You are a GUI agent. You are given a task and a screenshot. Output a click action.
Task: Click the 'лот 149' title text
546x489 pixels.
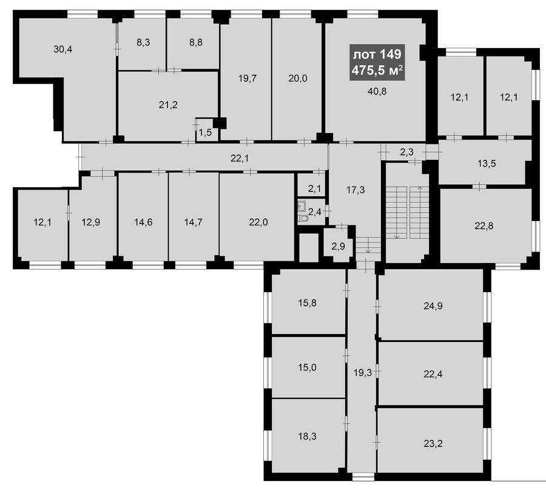coord(377,55)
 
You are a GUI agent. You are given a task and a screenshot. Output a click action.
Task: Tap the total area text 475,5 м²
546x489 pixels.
coord(377,70)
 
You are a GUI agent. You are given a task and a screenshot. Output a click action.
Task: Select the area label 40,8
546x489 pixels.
coord(377,91)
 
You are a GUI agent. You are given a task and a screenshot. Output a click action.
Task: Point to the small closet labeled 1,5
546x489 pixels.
coord(207,129)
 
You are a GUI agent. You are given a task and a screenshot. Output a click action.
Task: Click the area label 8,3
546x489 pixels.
coord(143,43)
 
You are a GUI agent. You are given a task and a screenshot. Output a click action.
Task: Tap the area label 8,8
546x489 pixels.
coord(196,43)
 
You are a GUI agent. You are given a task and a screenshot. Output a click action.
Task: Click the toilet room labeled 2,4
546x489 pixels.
coord(312,211)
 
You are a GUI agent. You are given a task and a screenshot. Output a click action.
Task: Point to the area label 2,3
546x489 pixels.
coord(406,152)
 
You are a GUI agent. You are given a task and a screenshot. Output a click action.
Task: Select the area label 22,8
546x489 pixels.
coord(484,226)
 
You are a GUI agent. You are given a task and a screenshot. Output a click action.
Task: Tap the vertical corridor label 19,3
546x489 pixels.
coord(363,373)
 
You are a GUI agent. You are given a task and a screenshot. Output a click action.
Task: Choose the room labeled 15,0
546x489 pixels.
coord(308,367)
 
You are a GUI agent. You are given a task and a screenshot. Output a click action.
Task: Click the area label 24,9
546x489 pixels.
coord(433,306)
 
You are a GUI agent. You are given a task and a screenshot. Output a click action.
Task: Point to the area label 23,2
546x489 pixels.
coord(433,444)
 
